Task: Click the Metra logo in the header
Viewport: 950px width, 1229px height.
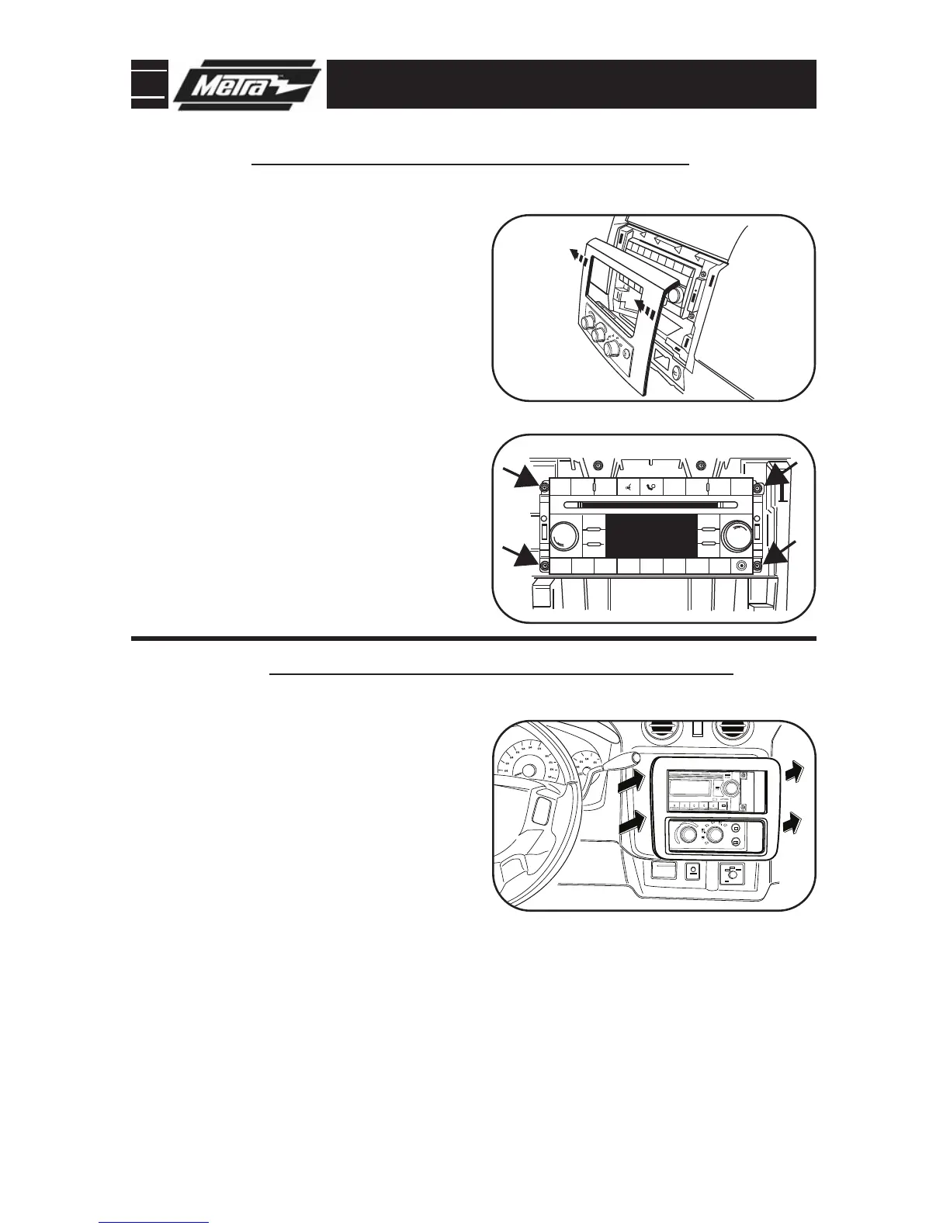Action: pos(247,85)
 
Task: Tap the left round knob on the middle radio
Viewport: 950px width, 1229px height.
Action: pos(564,536)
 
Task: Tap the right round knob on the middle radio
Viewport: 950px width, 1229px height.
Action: pos(735,535)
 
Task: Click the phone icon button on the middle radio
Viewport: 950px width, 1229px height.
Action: pos(650,488)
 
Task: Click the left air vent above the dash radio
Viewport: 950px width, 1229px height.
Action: pos(667,733)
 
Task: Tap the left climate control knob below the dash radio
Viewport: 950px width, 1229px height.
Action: pos(686,836)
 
